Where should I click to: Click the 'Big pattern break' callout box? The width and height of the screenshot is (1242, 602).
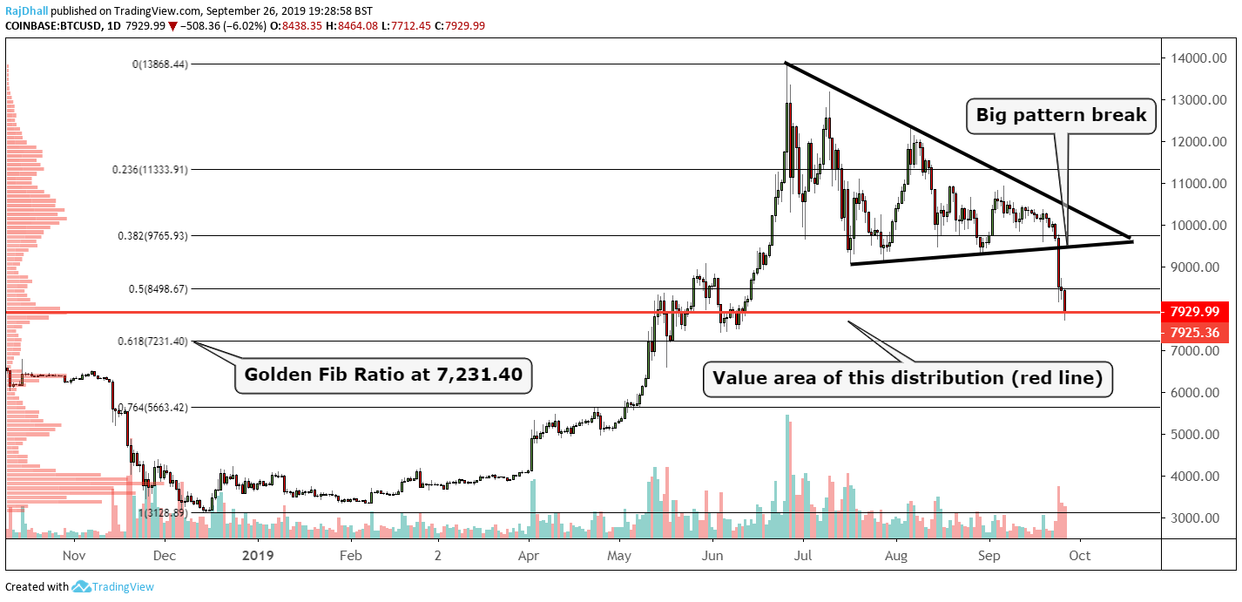coord(1061,115)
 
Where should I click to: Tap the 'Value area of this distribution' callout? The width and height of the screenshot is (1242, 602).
coord(908,378)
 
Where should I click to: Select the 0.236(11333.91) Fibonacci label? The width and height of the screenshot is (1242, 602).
coord(149,169)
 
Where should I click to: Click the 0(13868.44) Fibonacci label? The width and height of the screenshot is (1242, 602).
coord(159,64)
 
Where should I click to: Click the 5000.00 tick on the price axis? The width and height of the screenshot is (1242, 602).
coord(1194,435)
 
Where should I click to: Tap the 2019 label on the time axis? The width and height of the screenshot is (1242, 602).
coord(258,554)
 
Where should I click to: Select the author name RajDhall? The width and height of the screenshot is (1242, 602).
coord(25,10)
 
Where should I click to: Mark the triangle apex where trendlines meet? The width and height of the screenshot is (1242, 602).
coord(1131,239)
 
